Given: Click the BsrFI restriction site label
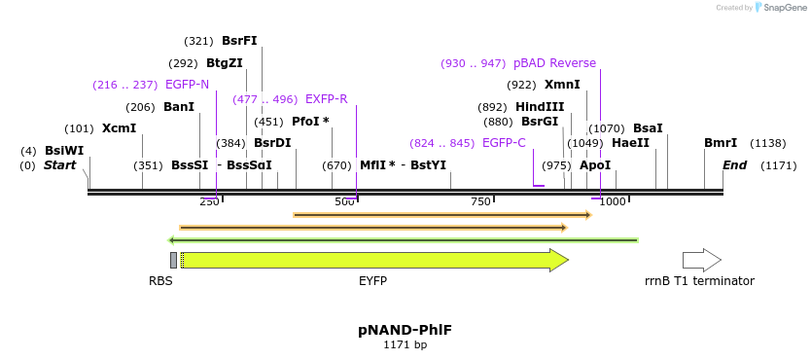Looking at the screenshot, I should pos(239,41).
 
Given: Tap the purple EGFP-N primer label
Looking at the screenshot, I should pos(187,85).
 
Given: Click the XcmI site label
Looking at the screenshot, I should pos(119,128).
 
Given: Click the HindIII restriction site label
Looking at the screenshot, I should pos(540,107).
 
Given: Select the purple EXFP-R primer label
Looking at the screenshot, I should pos(326,99).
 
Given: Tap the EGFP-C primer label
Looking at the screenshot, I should pos(504,143).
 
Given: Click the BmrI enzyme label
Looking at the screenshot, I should pos(721,143).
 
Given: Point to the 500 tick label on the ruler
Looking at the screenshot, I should pos(344,201).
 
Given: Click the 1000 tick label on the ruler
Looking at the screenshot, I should pos(612,201).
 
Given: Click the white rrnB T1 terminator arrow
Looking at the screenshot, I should pos(701,260).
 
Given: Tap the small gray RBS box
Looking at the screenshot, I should pos(173,260).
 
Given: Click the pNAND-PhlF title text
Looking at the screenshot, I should pos(405,329).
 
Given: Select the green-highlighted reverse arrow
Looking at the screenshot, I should pos(403,239).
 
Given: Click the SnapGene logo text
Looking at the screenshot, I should pos(784,8).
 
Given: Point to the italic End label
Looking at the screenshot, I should pos(734,165).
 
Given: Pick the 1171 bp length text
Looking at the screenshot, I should pos(405,344).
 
